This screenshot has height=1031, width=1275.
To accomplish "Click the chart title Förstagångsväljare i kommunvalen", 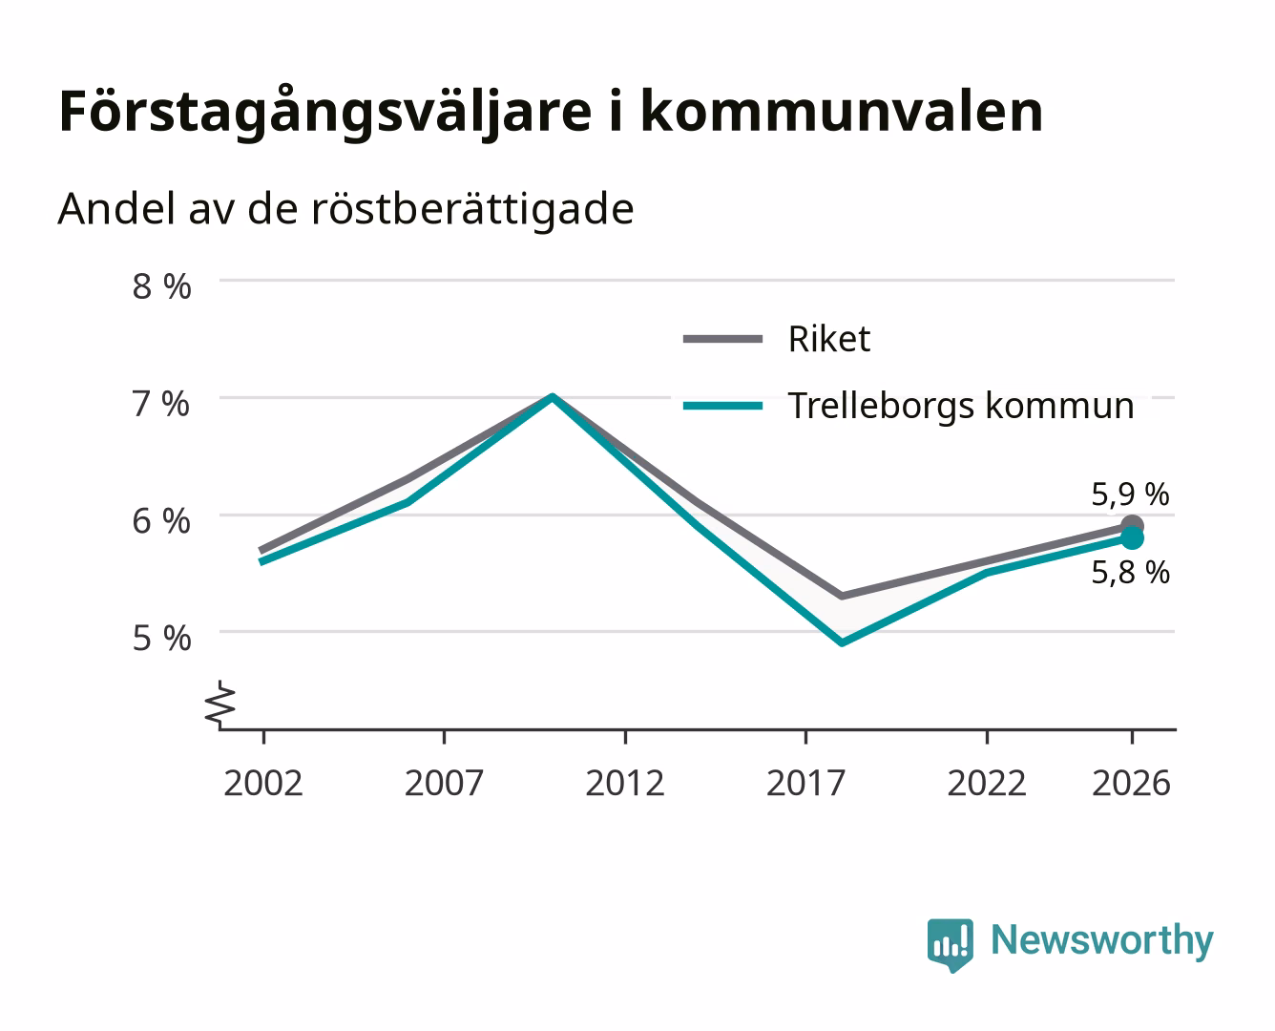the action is click(x=551, y=112).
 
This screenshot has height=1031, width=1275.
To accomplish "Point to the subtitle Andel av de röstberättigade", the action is click(x=345, y=210).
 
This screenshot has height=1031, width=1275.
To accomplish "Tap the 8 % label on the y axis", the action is click(x=161, y=286).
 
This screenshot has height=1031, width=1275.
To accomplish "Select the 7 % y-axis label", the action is click(x=161, y=404).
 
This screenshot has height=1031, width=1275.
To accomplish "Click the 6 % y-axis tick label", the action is click(x=161, y=521).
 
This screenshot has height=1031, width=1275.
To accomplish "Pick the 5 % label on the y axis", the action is click(x=161, y=639).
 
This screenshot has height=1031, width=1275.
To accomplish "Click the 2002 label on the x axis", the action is click(x=263, y=783).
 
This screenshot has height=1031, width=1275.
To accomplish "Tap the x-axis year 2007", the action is click(x=444, y=783).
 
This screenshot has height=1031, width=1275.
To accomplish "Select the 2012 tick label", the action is click(x=625, y=783).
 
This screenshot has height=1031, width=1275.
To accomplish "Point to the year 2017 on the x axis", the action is click(x=805, y=783).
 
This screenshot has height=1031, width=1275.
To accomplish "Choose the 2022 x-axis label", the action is click(x=987, y=783).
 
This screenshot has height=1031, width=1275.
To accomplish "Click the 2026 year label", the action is click(x=1131, y=783).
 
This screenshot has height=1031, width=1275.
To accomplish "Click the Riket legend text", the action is click(x=829, y=339).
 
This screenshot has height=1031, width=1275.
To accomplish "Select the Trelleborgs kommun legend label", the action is click(x=961, y=406).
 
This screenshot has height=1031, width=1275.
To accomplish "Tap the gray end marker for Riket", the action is click(x=1132, y=526).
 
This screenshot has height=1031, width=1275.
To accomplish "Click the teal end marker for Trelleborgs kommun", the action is click(x=1132, y=538).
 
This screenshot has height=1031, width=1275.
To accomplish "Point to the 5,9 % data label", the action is click(x=1130, y=494).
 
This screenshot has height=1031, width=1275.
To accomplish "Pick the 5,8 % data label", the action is click(x=1130, y=573).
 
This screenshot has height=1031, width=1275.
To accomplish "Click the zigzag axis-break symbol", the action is click(x=220, y=705).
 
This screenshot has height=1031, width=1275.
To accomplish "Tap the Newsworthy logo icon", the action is click(x=950, y=945).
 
